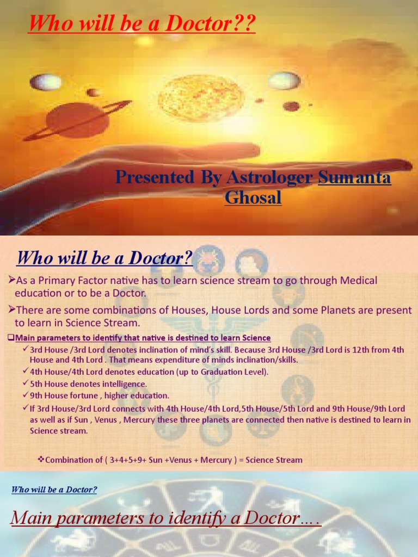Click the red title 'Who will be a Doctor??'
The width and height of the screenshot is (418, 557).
142,24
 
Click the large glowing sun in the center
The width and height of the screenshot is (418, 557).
201,98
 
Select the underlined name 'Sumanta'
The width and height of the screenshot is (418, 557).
354,177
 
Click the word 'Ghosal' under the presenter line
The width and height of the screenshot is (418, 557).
253,197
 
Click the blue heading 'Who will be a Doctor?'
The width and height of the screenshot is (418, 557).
104,258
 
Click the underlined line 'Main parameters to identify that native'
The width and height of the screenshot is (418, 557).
142,338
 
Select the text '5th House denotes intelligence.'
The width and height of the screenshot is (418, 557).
89,383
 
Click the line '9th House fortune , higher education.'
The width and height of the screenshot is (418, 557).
100,395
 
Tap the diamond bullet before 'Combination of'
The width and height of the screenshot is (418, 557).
40,460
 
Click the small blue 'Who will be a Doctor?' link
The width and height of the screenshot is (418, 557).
54,490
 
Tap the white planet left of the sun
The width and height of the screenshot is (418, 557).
46,82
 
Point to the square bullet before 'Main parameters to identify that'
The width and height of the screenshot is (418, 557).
11,338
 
